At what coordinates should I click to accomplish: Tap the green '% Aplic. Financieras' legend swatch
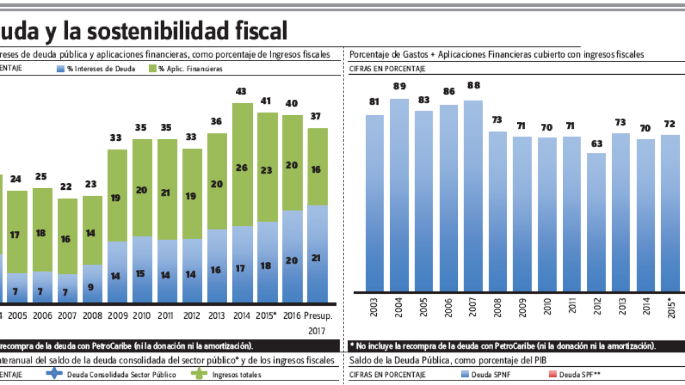[152, 68]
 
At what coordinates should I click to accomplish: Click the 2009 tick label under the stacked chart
[117, 315]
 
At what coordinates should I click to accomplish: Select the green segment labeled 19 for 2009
[117, 198]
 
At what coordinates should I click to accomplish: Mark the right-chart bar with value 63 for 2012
[596, 222]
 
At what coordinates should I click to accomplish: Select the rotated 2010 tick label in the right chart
[547, 309]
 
